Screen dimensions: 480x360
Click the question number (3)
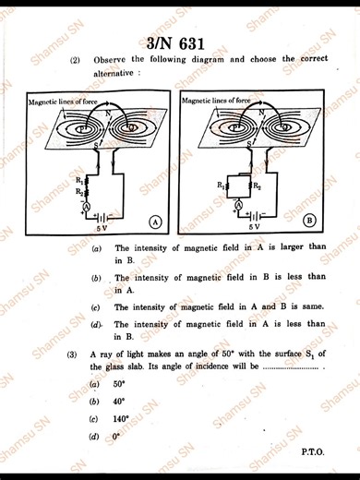[x=71, y=354]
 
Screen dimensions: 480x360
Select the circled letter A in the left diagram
[x=156, y=222]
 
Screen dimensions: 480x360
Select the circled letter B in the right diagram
[x=309, y=220]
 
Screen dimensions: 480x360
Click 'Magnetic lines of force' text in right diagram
[x=215, y=99]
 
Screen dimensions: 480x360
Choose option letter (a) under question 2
[x=96, y=248]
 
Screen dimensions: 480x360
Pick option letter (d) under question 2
[x=96, y=325]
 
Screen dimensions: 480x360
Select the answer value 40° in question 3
[x=119, y=401]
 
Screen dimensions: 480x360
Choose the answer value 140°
[x=121, y=418]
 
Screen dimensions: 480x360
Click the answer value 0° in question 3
[x=116, y=436]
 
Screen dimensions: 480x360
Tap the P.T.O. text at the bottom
[x=314, y=452]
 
